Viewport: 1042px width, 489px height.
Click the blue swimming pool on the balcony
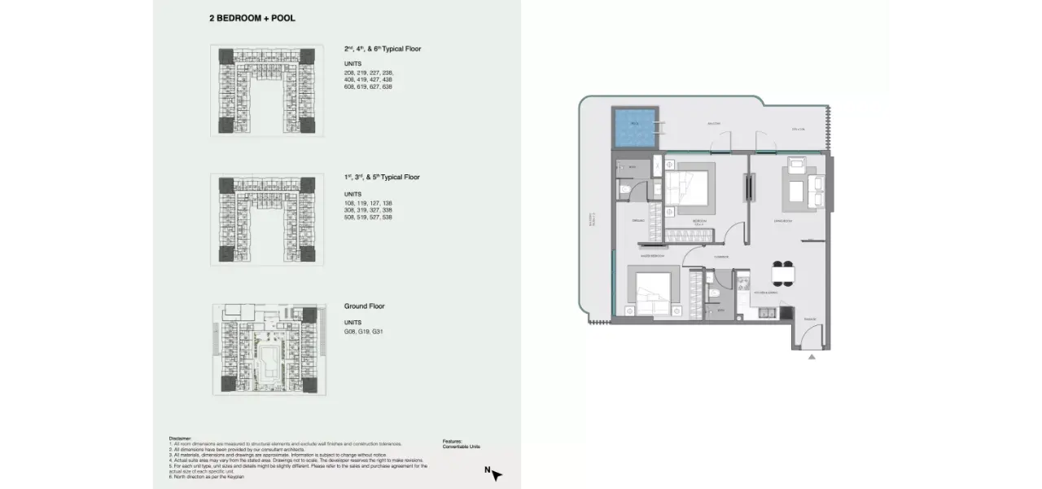(635, 128)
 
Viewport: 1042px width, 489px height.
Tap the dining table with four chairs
(782, 275)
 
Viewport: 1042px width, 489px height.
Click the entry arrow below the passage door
(811, 357)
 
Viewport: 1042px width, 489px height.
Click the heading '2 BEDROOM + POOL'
(252, 17)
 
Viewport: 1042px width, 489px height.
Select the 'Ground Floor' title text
(364, 306)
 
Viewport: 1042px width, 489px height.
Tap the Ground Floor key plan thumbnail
(268, 350)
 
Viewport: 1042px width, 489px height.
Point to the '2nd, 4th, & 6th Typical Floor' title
(382, 49)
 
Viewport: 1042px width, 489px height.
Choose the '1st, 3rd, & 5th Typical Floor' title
(382, 177)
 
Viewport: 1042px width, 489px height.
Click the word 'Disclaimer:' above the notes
(181, 438)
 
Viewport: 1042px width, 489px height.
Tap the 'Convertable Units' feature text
(462, 447)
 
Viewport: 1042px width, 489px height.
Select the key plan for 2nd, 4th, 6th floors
(267, 90)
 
